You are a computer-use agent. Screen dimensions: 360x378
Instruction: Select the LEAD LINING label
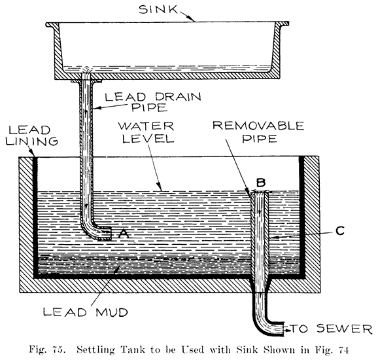[24, 134]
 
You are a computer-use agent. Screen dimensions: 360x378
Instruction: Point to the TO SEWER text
[332, 328]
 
